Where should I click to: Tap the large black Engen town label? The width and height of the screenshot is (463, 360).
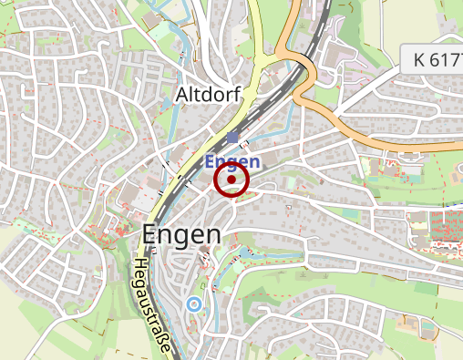[x=181, y=234]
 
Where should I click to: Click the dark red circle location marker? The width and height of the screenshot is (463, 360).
[x=231, y=180]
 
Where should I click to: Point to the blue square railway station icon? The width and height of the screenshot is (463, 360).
[x=233, y=139]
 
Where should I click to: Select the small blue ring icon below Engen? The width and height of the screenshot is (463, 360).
[x=193, y=303]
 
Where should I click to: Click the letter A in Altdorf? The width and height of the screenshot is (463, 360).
[x=181, y=95]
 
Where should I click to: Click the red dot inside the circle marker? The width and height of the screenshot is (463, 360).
[x=231, y=180]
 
